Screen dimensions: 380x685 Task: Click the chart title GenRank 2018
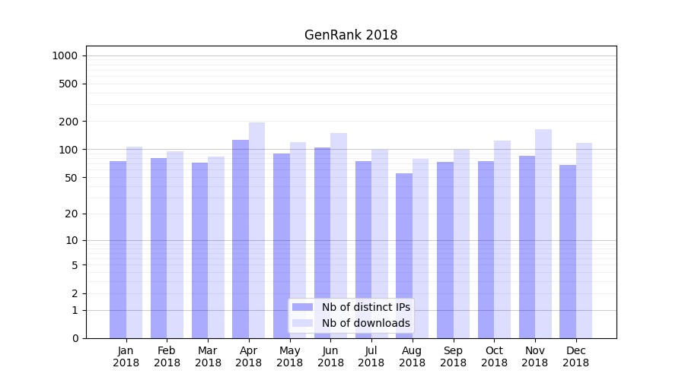point(351,35)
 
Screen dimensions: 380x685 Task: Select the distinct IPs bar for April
point(241,239)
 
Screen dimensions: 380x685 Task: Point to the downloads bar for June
point(339,236)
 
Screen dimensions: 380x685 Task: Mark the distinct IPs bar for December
point(568,252)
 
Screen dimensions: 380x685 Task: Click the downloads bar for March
point(216,247)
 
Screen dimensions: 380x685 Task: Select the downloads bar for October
point(502,239)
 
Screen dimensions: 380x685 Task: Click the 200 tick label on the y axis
point(68,122)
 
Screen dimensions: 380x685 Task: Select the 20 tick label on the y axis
point(71,214)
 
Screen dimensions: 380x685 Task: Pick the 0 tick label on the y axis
point(75,338)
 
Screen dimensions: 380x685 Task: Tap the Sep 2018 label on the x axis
point(453,356)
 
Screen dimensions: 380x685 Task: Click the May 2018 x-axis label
point(290,356)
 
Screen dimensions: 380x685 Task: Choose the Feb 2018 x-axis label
point(167,356)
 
